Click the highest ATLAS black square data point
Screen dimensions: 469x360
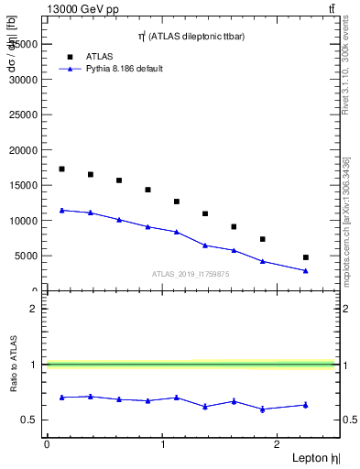(61, 169)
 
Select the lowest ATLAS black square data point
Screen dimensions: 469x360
(306, 257)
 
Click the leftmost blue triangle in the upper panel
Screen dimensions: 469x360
(61, 210)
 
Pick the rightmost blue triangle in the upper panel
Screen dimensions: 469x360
(306, 270)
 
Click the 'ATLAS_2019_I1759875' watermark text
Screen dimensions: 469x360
(191, 274)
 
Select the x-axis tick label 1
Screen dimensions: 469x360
(163, 444)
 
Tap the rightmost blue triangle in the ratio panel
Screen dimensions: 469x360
(306, 405)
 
